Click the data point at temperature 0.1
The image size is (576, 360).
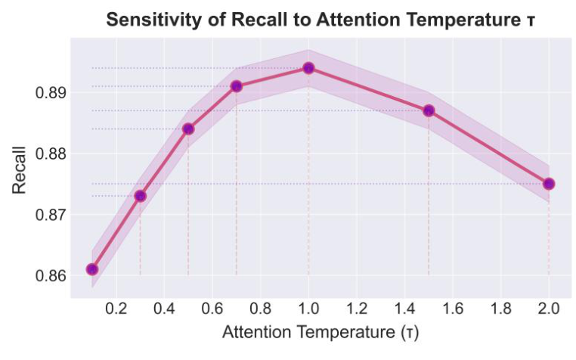(92, 269)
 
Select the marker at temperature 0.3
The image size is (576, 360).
(140, 196)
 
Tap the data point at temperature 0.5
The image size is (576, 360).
(188, 129)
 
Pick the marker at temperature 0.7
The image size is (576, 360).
(237, 86)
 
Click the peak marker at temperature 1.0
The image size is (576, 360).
(308, 68)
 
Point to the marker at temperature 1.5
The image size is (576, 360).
(429, 110)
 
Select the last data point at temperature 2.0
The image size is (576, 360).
(549, 184)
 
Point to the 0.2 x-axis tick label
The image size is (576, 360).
(116, 309)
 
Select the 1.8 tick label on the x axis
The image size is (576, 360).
(500, 309)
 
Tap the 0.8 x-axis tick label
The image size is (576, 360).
(260, 309)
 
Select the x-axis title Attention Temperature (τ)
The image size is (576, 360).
(320, 333)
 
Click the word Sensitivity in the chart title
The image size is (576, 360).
(147, 20)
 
